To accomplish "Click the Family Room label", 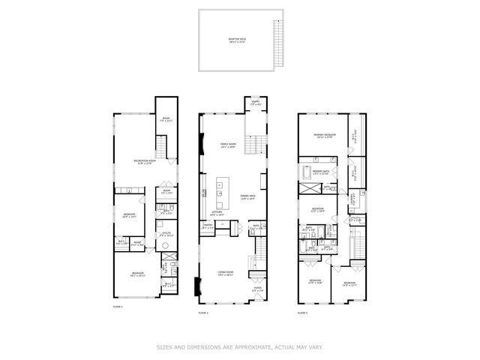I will pyautogui.click(x=228, y=145).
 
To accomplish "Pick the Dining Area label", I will pyautogui.click(x=247, y=197).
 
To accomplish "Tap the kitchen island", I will pyautogui.click(x=220, y=194).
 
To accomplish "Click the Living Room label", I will pyautogui.click(x=225, y=274).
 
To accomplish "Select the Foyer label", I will pyautogui.click(x=256, y=289).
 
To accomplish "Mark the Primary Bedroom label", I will pyautogui.click(x=323, y=136).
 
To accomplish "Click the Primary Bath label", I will pyautogui.click(x=322, y=173).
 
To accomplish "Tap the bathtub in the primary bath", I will pyautogui.click(x=304, y=172).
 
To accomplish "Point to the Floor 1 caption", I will pyautogui.click(x=117, y=307).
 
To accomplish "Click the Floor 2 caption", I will pyautogui.click(x=202, y=312).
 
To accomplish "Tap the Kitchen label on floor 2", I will pyautogui.click(x=216, y=213).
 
